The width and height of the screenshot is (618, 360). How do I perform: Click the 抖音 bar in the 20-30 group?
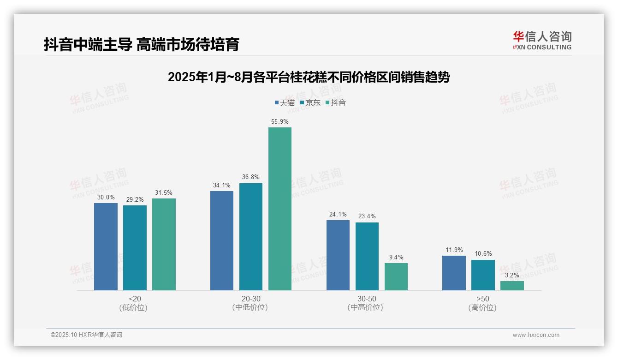point(280,209)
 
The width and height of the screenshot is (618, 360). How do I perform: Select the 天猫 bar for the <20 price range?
point(106,246)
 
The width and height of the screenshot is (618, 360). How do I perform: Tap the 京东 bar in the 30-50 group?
point(367,256)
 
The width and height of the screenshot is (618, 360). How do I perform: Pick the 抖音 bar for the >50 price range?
point(512,286)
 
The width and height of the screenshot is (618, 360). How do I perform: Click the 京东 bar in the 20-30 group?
point(251,236)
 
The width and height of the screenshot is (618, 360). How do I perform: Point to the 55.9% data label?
point(280,122)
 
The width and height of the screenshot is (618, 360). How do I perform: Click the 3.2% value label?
point(512,276)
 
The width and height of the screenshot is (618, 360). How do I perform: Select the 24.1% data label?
point(338,215)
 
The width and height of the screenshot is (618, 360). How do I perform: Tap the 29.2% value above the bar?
point(135,200)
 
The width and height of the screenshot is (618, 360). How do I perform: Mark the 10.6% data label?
point(483,254)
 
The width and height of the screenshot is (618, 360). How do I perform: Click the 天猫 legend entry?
point(285,103)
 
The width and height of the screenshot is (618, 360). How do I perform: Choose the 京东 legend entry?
point(310,103)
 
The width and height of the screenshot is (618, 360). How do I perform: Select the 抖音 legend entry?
point(336,103)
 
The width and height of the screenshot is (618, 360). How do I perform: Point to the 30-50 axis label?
point(367,299)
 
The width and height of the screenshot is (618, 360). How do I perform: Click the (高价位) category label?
point(482,308)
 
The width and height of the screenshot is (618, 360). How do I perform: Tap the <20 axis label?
point(135,299)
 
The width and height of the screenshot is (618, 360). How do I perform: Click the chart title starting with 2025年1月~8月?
point(309,77)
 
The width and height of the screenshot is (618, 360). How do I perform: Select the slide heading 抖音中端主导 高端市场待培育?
point(142,45)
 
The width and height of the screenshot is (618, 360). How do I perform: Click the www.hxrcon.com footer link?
point(536,335)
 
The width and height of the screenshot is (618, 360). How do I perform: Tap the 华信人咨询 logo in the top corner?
point(542,40)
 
